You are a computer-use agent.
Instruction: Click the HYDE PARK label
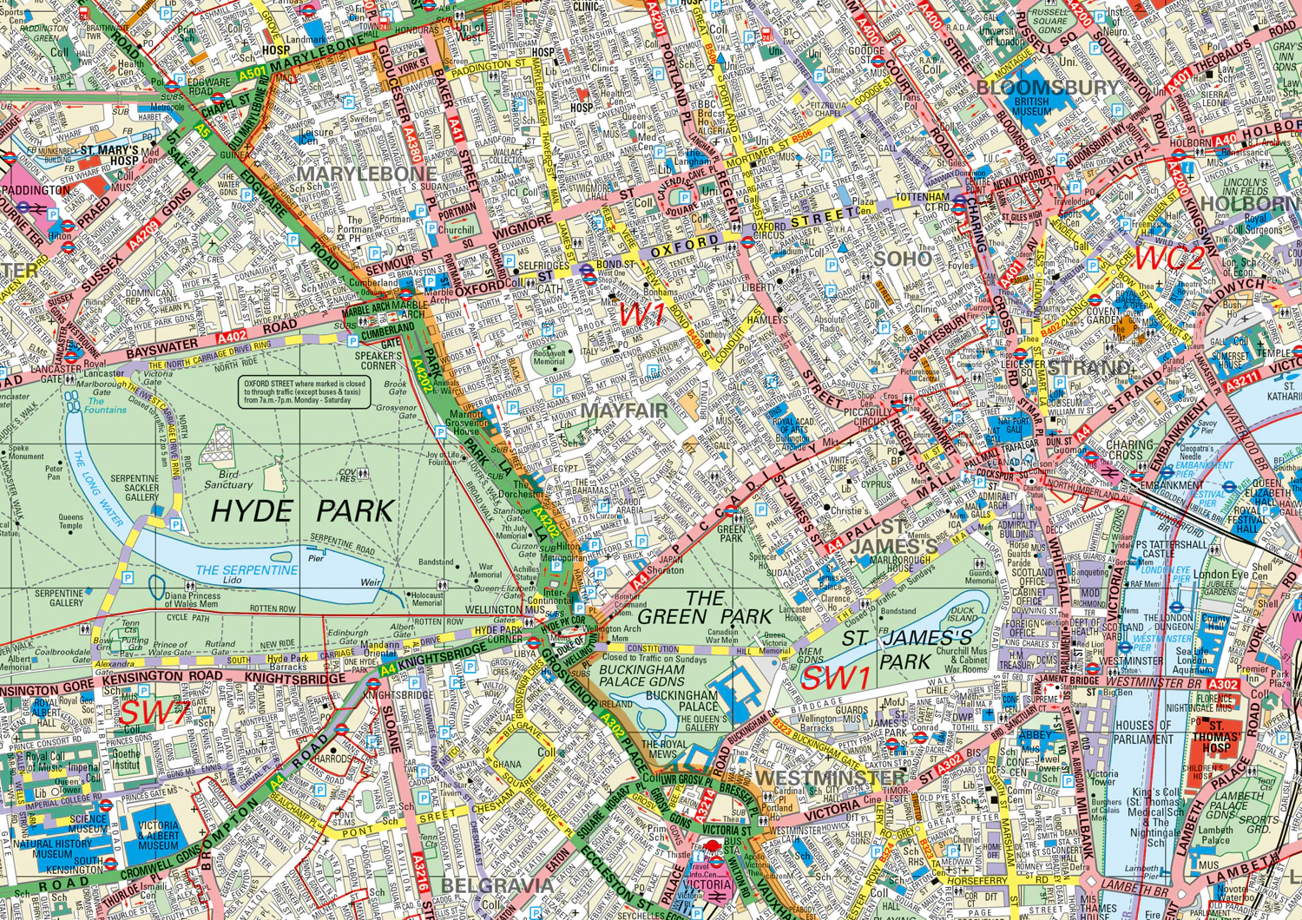click(302, 511)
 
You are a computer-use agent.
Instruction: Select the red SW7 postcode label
click(155, 713)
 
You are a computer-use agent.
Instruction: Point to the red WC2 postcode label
click(1170, 258)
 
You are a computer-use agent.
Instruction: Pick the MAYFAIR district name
click(625, 411)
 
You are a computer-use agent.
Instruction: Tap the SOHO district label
click(902, 259)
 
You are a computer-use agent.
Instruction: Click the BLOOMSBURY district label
click(1048, 88)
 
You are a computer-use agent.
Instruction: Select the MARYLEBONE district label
click(366, 174)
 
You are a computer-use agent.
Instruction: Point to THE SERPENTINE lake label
click(247, 570)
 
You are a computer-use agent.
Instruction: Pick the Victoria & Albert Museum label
click(158, 835)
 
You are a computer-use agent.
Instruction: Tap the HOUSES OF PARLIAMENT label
click(1143, 733)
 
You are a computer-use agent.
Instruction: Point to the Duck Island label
click(962, 615)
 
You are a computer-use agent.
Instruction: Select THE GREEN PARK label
click(704, 608)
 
